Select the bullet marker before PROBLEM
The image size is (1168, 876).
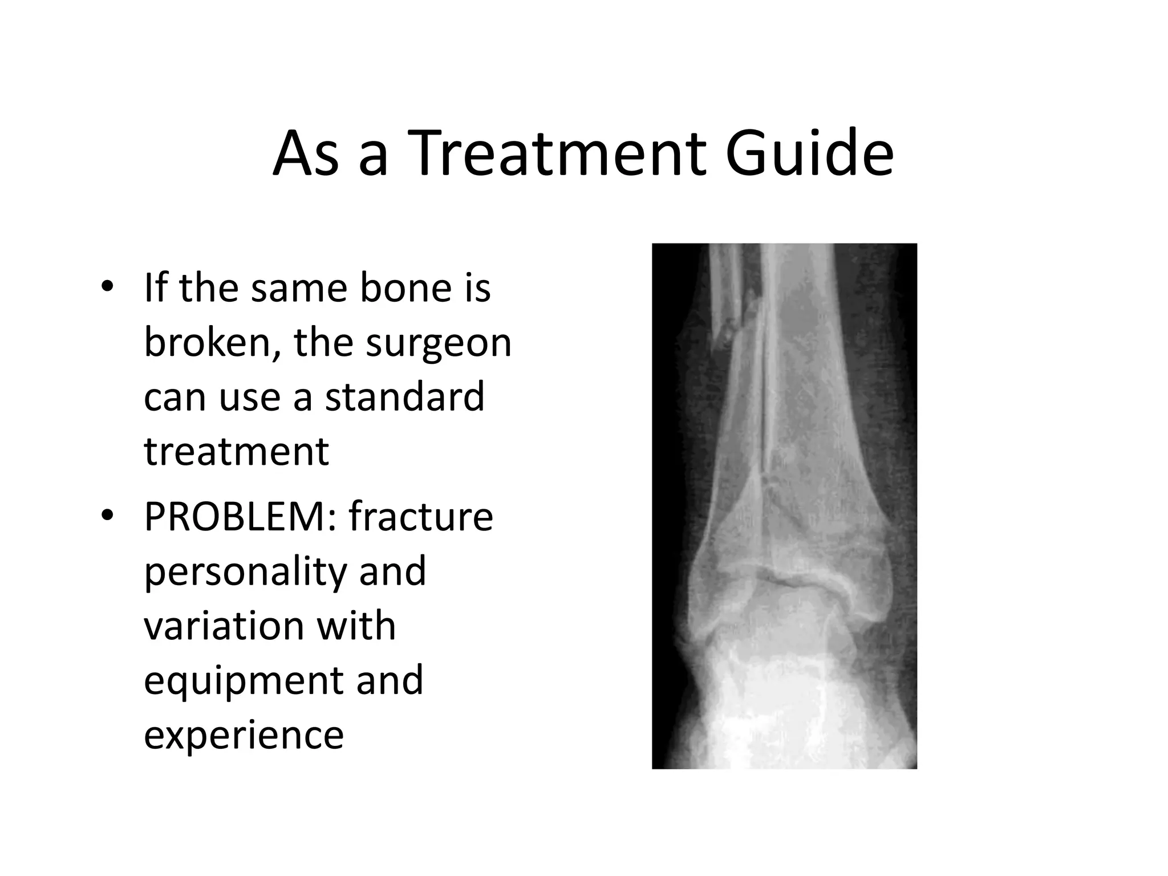click(107, 515)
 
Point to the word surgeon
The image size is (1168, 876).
click(439, 344)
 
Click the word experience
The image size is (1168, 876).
click(244, 736)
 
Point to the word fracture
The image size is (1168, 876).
click(421, 516)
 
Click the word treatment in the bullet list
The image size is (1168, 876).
click(236, 452)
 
